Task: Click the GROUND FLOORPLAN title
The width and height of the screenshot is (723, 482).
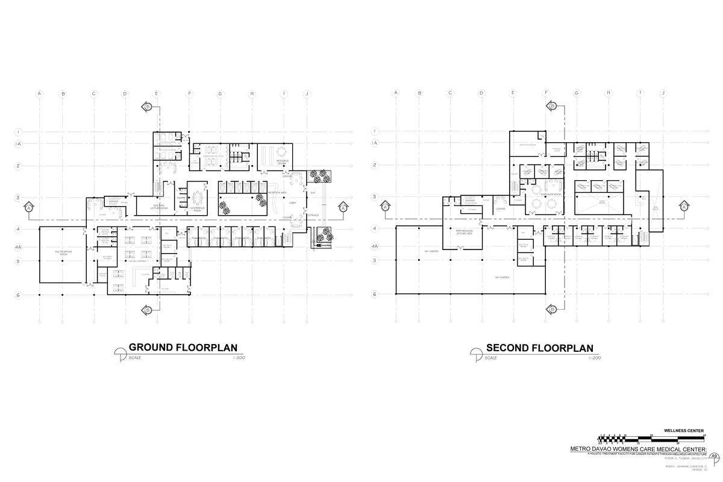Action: [x=183, y=348]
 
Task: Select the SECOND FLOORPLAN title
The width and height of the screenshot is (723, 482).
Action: [x=539, y=348]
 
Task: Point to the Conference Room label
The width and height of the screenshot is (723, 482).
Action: [x=196, y=209]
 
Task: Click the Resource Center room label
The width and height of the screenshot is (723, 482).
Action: [x=283, y=162]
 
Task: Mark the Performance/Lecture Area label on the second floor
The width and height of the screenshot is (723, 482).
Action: [x=463, y=231]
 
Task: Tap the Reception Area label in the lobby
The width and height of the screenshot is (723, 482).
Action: [x=293, y=192]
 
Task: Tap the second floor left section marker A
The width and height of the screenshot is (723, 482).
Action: [x=384, y=207]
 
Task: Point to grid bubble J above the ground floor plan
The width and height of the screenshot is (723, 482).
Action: [x=307, y=94]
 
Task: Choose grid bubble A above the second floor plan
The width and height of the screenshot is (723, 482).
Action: [x=396, y=93]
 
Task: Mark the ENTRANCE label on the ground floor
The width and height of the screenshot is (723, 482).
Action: [x=313, y=215]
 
